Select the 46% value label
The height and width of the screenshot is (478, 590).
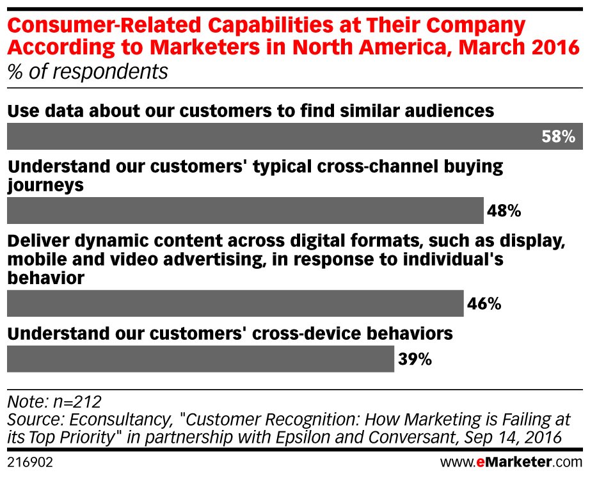point(484,303)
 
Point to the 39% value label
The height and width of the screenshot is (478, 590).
point(415,359)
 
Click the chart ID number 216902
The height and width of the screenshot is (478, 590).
point(29,461)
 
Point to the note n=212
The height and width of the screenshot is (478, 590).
point(54,402)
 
